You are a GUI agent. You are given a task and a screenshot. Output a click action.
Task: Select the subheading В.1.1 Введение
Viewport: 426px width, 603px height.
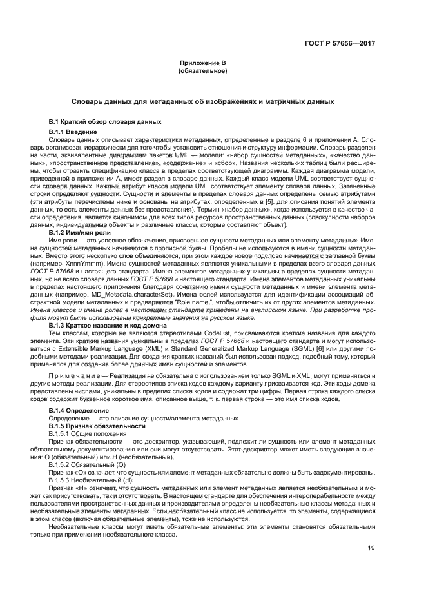73,132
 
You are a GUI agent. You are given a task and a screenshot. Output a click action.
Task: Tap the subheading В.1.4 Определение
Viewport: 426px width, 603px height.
79,393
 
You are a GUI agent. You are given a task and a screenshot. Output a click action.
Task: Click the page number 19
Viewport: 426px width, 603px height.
371,549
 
